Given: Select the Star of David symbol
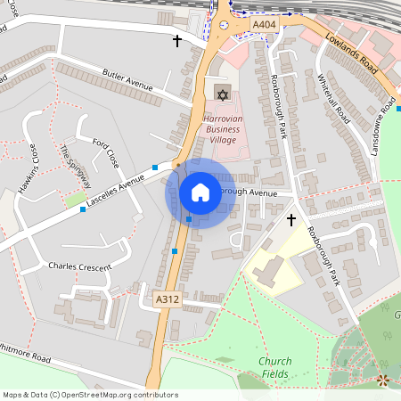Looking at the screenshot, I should [222, 94].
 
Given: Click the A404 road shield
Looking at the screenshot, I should [264, 25].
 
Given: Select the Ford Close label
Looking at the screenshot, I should [106, 153].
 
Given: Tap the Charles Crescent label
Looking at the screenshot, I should [79, 266].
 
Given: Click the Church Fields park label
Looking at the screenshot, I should [274, 367].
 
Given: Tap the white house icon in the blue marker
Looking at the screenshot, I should [200, 192].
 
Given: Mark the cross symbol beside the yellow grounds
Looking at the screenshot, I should [291, 219].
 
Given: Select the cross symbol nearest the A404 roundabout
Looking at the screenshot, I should [176, 41].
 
